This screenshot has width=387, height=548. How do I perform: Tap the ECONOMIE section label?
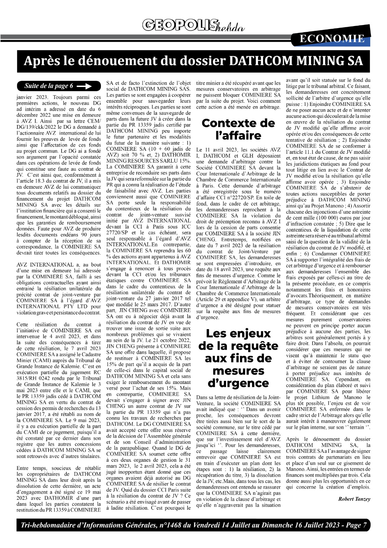332,39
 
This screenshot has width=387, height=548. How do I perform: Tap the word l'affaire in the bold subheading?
238,136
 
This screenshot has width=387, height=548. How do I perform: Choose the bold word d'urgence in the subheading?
238,383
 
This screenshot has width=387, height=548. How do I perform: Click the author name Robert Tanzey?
354,499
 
